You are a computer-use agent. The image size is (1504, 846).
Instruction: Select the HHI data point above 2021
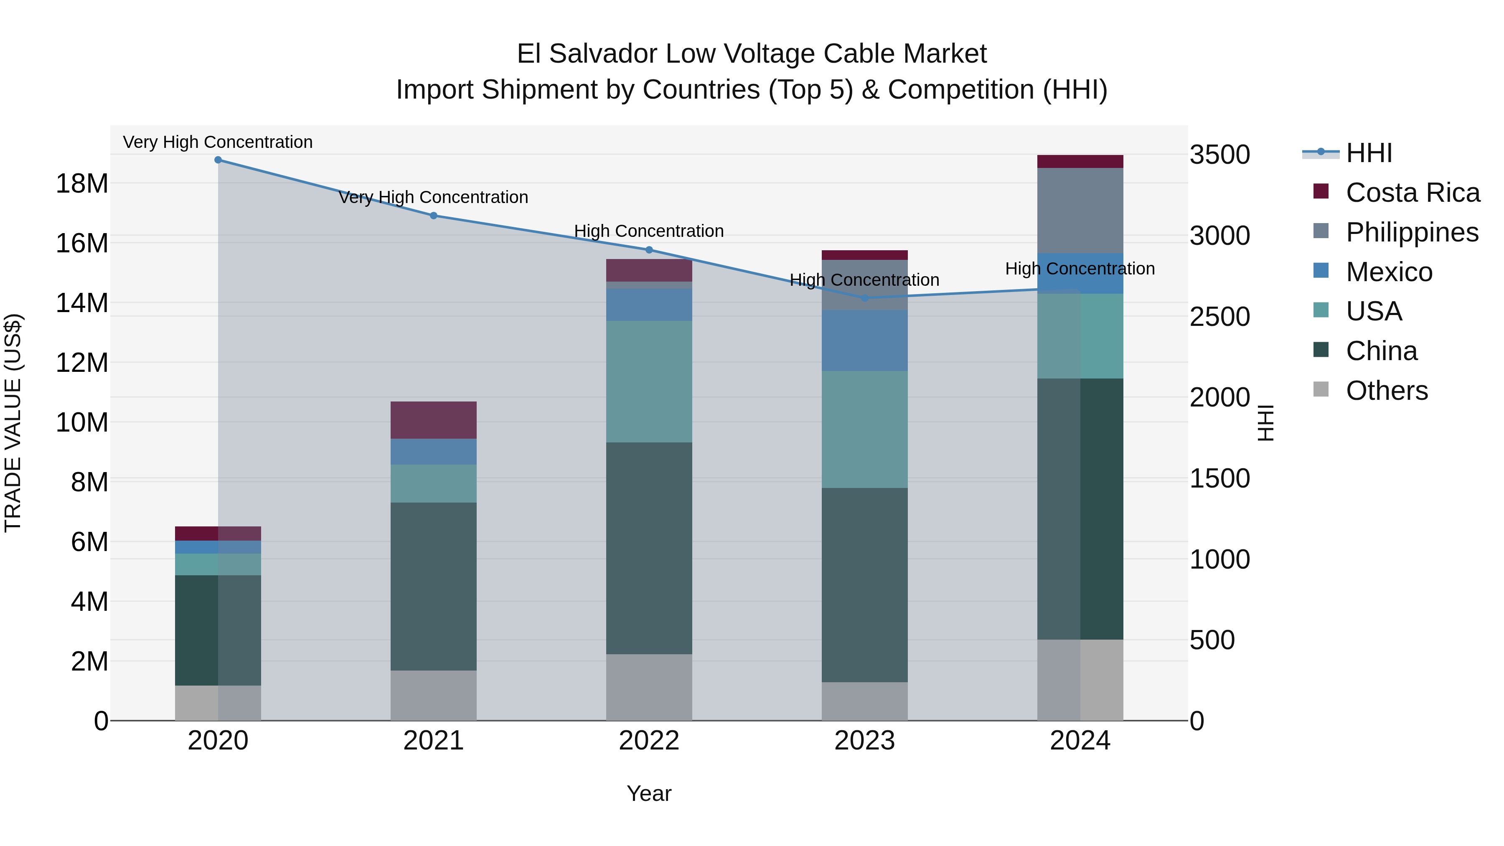433,216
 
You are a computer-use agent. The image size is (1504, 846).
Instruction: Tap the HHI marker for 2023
865,298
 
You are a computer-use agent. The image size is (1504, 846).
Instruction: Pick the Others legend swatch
1321,389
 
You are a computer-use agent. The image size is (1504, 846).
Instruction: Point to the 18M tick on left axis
82,184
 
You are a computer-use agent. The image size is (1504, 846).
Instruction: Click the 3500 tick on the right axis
1219,155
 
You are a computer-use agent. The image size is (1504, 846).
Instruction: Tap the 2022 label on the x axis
649,741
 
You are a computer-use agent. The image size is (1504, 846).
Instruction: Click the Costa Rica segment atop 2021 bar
433,420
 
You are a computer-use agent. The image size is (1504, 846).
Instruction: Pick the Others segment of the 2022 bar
649,687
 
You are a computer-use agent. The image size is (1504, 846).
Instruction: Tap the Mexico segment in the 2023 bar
865,340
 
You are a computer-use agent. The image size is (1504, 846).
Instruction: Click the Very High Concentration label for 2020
218,142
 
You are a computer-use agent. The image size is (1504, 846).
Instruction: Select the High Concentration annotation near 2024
1080,269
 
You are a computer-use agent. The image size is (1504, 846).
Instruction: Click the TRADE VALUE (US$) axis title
13,423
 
